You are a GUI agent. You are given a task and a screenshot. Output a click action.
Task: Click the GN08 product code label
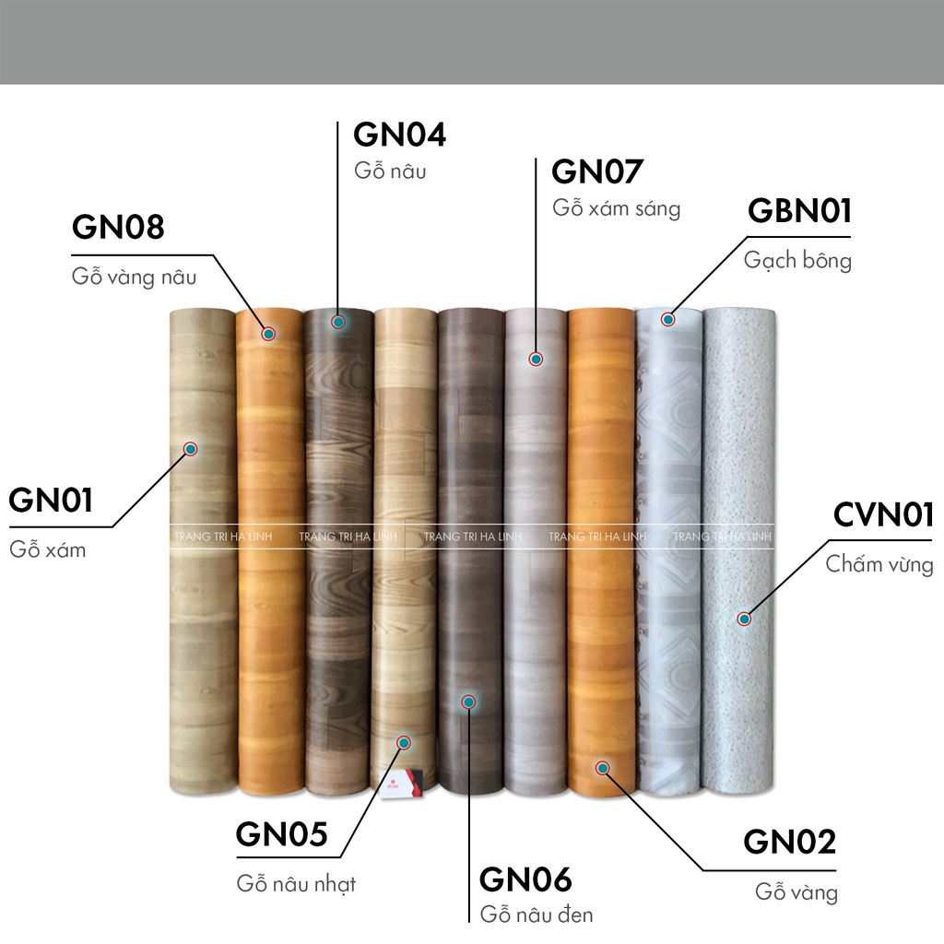tap(118, 227)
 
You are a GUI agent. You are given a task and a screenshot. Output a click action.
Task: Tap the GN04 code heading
tap(400, 135)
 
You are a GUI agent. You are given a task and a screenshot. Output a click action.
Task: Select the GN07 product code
tap(597, 171)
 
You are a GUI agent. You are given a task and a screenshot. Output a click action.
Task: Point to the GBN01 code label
tap(799, 210)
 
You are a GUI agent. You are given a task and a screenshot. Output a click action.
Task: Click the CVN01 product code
tap(883, 515)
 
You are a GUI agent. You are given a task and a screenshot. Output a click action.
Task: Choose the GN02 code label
tap(790, 842)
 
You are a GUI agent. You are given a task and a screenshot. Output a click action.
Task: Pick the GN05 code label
tap(282, 834)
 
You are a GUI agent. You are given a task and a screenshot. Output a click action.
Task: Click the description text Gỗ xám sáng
tap(616, 208)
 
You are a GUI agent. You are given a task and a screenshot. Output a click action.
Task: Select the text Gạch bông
tap(797, 261)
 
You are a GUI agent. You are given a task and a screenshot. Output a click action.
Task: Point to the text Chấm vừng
tap(879, 564)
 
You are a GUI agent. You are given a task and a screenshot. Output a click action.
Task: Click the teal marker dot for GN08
tap(268, 333)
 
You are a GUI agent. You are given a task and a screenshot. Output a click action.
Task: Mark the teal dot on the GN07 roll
tap(536, 359)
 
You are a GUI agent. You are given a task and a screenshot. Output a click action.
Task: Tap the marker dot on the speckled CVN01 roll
tap(743, 619)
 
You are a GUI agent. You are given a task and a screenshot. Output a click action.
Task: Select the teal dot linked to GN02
tap(602, 767)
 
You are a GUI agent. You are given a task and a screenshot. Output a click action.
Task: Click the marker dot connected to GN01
tap(191, 449)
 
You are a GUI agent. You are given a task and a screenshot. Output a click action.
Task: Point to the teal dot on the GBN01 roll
tap(667, 320)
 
